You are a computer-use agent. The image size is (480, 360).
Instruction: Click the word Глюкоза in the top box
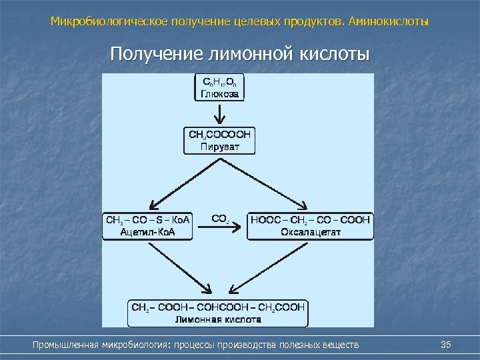tap(219, 94)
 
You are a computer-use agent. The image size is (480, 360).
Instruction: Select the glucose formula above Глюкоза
tap(219, 83)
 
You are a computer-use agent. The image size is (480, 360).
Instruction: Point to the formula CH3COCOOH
tap(219, 135)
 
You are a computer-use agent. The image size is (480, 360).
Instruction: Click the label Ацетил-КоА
tap(147, 231)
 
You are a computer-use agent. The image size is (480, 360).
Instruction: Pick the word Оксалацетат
tap(309, 231)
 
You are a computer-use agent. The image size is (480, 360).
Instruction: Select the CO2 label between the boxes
tap(220, 218)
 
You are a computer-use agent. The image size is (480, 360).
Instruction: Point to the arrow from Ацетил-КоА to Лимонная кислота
tap(176, 270)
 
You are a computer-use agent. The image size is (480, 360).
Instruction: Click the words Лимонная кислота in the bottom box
tap(218, 319)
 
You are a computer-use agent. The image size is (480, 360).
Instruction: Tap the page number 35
tap(447, 344)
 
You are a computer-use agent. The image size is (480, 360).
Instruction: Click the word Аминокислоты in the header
tap(389, 22)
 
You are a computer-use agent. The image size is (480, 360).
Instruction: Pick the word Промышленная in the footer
tap(66, 345)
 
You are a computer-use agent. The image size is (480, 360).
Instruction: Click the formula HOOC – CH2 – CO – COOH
tap(309, 219)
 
